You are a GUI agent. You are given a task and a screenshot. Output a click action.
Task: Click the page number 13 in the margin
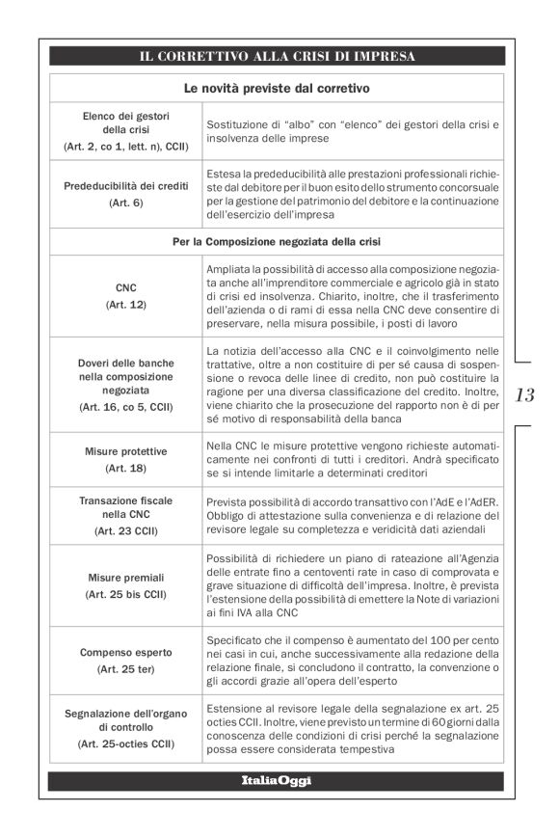tap(526, 395)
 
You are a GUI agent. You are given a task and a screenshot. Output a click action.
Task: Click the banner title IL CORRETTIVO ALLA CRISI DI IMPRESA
tap(279, 56)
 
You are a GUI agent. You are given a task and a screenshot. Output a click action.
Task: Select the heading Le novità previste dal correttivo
tap(279, 88)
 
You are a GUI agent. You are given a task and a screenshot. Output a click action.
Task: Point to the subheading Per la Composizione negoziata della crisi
tap(279, 241)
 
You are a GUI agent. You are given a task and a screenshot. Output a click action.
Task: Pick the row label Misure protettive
tap(125, 450)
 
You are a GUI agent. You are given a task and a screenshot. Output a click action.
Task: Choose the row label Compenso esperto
tap(125, 652)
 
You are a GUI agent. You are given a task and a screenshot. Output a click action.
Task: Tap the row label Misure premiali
tap(125, 577)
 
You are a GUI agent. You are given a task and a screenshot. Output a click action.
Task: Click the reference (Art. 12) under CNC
tap(125, 304)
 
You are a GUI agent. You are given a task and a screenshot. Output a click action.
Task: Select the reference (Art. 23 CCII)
tap(125, 530)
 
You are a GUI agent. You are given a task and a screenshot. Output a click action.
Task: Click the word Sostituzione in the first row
tap(236, 125)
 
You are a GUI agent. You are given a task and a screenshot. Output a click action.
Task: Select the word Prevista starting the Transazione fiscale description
tap(227, 500)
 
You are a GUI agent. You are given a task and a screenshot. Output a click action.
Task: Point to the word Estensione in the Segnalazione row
tap(235, 709)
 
